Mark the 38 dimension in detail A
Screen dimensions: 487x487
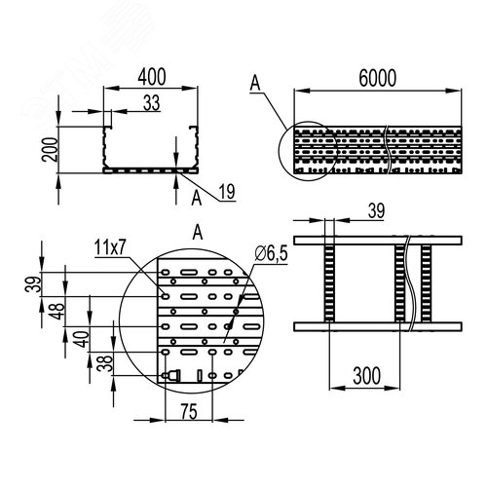[100, 364]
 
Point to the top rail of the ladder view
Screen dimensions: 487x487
[377, 238]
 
